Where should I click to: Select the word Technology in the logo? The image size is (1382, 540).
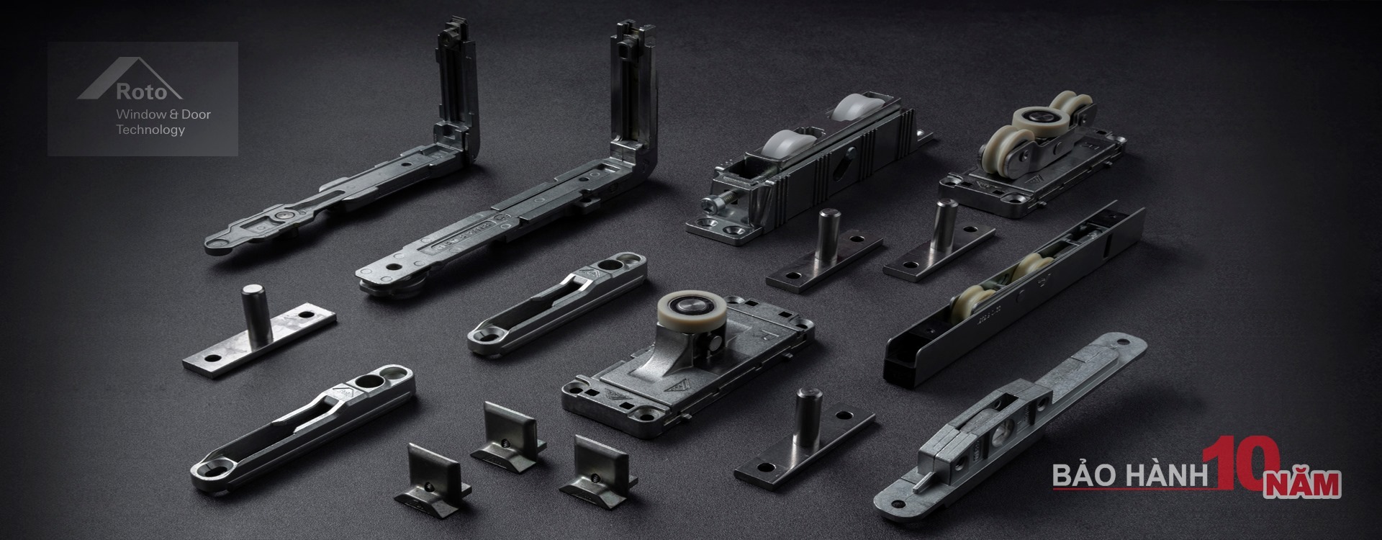(x=150, y=130)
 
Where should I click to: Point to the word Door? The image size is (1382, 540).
(x=196, y=114)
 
